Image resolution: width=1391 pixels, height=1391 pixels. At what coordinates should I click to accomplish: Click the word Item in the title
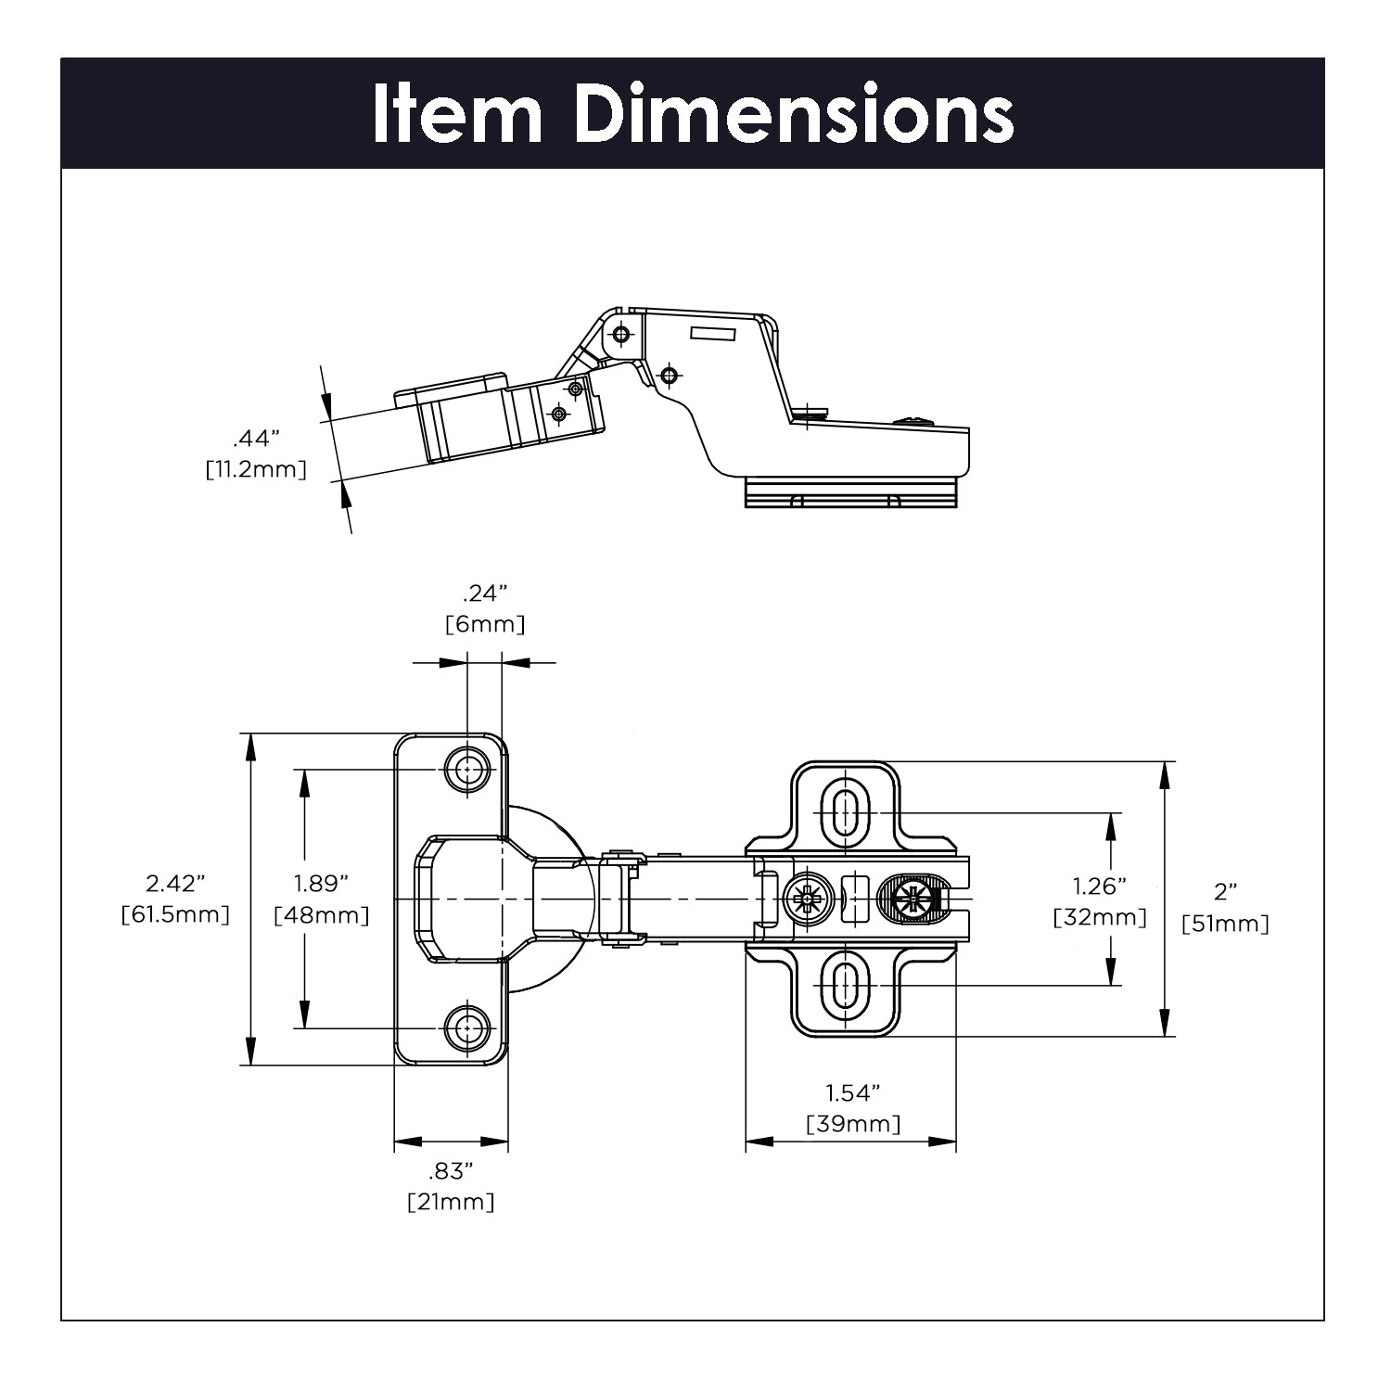457,114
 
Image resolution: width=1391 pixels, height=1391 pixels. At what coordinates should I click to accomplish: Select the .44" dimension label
256,438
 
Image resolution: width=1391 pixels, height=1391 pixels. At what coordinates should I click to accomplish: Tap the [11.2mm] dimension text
256,469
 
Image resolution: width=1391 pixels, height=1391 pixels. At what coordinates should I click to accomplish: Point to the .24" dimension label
485,593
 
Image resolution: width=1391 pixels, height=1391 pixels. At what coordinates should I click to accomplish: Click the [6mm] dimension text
485,624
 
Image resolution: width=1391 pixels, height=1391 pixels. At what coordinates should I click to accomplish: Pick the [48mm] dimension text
322,915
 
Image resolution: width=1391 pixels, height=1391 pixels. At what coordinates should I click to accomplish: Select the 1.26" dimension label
1100,886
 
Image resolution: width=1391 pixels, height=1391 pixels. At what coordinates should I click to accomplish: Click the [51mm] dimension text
1225,924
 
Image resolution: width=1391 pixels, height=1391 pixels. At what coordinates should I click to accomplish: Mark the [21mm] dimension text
451,1202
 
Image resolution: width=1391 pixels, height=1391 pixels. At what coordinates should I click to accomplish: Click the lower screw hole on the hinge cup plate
468,1027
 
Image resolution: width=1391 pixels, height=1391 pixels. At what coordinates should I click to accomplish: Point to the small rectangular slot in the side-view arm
711,331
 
